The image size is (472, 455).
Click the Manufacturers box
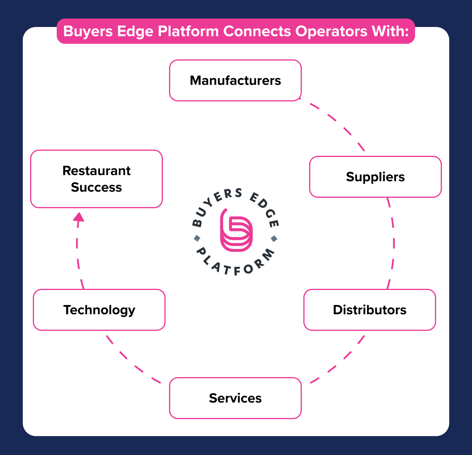pyautogui.click(x=235, y=80)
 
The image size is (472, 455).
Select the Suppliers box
pyautogui.click(x=375, y=177)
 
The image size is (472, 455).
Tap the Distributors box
pyautogui.click(x=369, y=310)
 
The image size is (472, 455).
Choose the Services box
pyautogui.click(x=235, y=398)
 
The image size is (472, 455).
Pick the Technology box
pyautogui.click(x=99, y=310)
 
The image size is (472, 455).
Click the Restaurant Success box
pyautogui.click(x=96, y=179)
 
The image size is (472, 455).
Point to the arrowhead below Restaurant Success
pyautogui.click(x=79, y=217)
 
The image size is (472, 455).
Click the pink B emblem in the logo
pyautogui.click(x=236, y=231)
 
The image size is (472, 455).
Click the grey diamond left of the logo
pyautogui.click(x=197, y=238)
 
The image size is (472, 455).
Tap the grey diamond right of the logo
pyautogui.click(x=274, y=238)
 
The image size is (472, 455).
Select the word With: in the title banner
pyautogui.click(x=390, y=31)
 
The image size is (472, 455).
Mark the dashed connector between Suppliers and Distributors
pyautogui.click(x=393, y=243)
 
